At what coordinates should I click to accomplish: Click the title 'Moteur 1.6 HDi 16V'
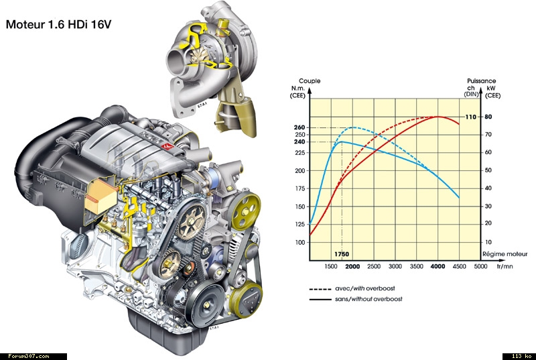(x=58, y=25)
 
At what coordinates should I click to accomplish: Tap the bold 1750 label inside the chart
(x=342, y=254)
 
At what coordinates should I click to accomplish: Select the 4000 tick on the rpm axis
(x=438, y=266)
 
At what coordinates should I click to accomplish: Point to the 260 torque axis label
(x=299, y=127)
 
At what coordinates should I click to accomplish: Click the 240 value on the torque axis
(x=299, y=141)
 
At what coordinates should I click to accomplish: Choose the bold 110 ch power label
(x=471, y=117)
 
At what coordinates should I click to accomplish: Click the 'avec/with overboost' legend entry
(x=364, y=288)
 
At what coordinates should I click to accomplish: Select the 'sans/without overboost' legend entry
(x=368, y=299)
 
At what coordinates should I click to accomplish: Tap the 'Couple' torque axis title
(x=310, y=81)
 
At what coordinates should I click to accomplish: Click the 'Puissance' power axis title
(x=481, y=81)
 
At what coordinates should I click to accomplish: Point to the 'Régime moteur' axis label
(x=505, y=254)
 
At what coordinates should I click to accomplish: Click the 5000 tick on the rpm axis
(x=480, y=266)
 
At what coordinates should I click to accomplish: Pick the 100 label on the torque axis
(x=299, y=243)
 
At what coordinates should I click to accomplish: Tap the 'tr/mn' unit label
(x=505, y=266)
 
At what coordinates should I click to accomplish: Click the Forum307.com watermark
(x=29, y=356)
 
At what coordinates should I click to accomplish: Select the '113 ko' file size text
(x=521, y=356)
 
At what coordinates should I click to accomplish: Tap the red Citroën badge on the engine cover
(x=167, y=146)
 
